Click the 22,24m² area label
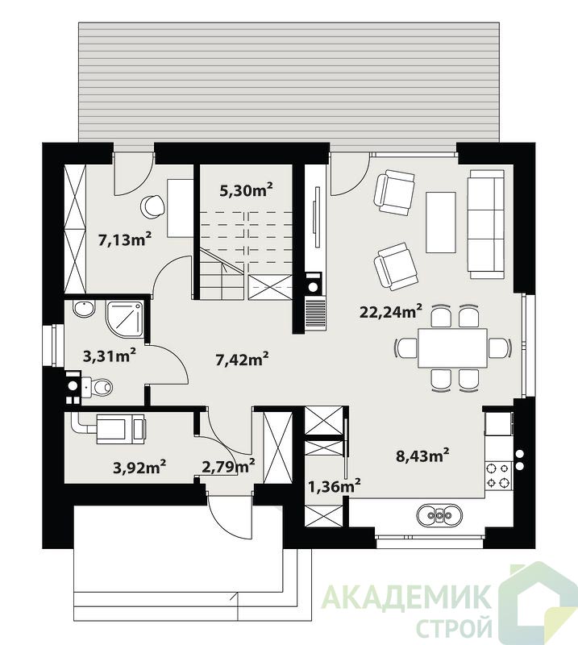[x=391, y=311]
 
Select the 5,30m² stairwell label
[x=246, y=189]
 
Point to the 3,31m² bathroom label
[x=110, y=356]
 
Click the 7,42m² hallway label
[x=242, y=359]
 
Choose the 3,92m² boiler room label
[x=139, y=467]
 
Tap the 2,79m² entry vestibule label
[x=228, y=466]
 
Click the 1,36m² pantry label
[x=335, y=486]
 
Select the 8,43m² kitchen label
[x=422, y=455]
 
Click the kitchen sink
[x=440, y=514]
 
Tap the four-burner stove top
[x=497, y=474]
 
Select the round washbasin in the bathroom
[x=84, y=309]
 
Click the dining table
[x=452, y=347]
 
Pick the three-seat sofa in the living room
[x=486, y=224]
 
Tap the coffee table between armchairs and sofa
[x=441, y=223]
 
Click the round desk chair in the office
[x=152, y=206]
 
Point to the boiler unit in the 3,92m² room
[x=120, y=428]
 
